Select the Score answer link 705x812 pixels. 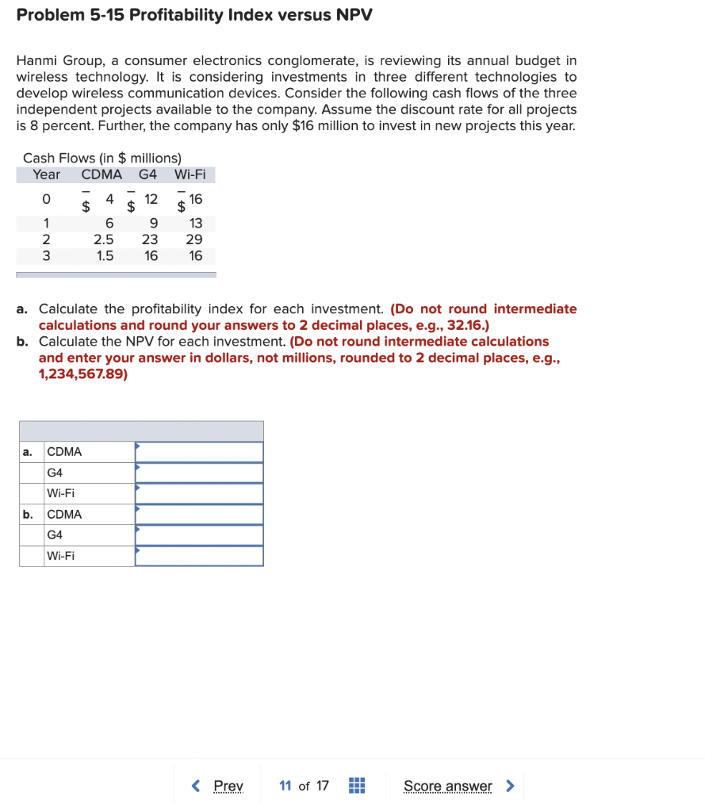447,786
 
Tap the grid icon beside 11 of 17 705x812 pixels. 357,786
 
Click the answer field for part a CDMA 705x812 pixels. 199,452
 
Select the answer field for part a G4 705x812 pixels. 199,473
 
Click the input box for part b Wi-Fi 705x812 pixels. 199,556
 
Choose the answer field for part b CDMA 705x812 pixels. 199,514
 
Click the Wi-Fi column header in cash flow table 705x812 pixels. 190,174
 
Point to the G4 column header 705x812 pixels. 148,174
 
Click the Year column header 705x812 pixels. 46,174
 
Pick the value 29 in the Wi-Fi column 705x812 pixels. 193,239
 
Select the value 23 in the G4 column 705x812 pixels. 149,239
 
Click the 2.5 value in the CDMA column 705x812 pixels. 103,239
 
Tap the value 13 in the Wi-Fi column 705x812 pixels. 195,224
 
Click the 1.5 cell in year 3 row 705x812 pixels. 105,255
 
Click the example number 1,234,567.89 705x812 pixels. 82,374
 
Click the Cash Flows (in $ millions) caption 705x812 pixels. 102,158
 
